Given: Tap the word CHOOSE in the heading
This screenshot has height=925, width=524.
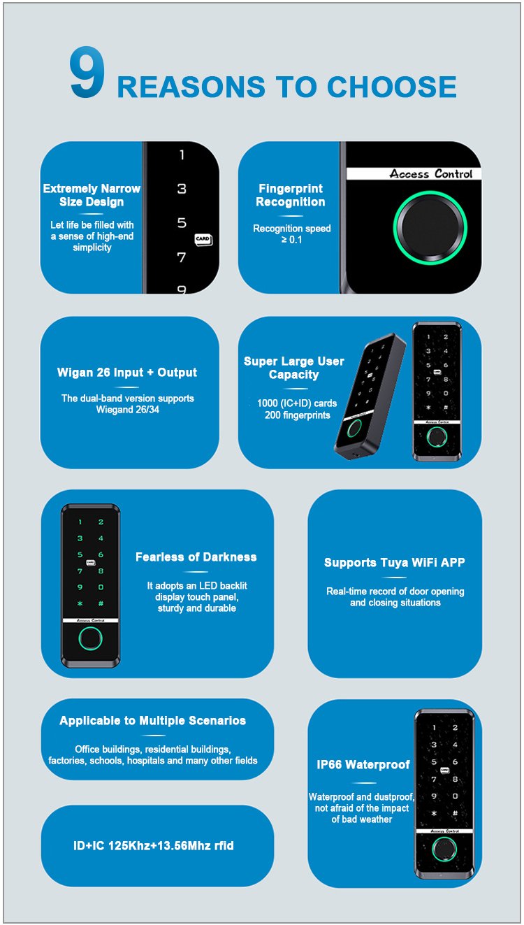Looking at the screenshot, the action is (x=391, y=87).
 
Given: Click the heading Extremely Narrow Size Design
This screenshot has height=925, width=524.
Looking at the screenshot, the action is (x=92, y=195).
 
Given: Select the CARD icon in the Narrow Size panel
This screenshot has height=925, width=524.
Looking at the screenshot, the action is (x=203, y=239).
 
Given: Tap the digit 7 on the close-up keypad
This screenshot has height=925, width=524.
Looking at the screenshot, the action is (x=181, y=257).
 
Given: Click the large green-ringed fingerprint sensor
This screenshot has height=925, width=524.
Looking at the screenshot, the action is (x=430, y=227).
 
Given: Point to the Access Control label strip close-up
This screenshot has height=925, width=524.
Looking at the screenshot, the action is (x=414, y=173).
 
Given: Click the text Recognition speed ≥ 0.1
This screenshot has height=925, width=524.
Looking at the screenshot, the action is (x=292, y=234).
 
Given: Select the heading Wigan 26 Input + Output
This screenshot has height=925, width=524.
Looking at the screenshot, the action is (x=127, y=372).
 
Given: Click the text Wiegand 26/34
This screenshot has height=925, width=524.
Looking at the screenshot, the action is (x=127, y=410).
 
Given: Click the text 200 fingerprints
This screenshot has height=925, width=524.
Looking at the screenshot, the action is (x=298, y=415).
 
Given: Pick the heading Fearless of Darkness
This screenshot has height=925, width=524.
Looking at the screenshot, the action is (x=196, y=557).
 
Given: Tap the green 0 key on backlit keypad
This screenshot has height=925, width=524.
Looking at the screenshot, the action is (x=101, y=587).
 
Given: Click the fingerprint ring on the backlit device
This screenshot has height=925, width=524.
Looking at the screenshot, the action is (x=90, y=638).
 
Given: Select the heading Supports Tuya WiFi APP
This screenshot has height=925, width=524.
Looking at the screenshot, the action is (x=395, y=562).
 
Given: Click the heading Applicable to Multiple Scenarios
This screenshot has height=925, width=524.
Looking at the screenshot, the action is (x=153, y=721).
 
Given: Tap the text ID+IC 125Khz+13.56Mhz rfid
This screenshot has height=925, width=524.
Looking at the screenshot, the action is (x=154, y=846).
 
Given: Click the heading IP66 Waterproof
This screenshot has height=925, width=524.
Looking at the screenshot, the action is (x=363, y=764).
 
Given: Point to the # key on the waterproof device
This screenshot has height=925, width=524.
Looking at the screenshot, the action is (x=455, y=813).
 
